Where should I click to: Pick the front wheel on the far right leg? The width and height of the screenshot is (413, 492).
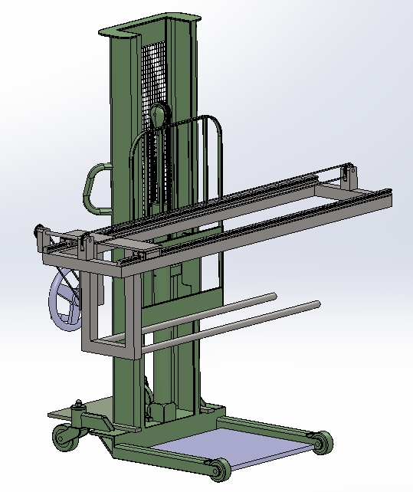(322, 442)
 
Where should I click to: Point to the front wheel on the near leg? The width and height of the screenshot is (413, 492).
(217, 469)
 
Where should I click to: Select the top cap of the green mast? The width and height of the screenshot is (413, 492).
(149, 29)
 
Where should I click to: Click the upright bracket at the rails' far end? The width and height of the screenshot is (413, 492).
(352, 179)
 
